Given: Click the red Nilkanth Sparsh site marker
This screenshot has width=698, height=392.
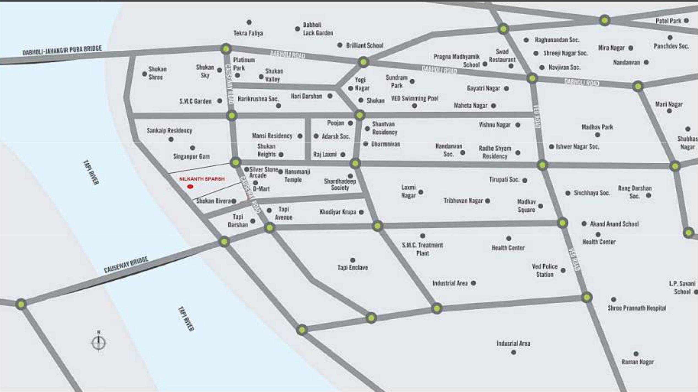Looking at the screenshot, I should tap(190, 187).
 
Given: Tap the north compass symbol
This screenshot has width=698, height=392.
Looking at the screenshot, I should tap(99, 342).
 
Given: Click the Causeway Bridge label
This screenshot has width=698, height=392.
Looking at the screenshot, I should tap(126, 265).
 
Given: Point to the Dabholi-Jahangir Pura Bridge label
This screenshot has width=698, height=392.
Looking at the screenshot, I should tap(62, 50).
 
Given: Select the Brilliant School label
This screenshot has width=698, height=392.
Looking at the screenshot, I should tap(364, 45).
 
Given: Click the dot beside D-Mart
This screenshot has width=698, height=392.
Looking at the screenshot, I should tap(255, 183).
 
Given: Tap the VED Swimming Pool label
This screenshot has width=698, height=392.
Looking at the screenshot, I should tap(415, 99).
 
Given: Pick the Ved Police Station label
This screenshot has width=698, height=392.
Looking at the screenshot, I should tap(545, 270).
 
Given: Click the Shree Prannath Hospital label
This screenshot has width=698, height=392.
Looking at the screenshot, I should tap(637, 308).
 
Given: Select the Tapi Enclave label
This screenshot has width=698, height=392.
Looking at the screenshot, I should tap(353, 268).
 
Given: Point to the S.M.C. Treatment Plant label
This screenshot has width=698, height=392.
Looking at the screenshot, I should tap(422, 249).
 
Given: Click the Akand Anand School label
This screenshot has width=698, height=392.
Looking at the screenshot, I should tap(614, 224).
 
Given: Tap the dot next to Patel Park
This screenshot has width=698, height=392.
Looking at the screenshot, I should tap(686, 21).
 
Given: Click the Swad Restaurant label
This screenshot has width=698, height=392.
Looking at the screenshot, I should tap(502, 56).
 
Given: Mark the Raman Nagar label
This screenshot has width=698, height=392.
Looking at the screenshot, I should tap(637, 362).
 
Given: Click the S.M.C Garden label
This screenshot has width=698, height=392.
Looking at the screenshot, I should tap(195, 101).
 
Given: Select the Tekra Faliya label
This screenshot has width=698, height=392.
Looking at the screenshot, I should tap(248, 33).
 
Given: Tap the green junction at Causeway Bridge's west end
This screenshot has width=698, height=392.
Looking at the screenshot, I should tap(21, 304).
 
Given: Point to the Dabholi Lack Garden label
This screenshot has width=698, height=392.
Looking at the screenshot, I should tap(318, 29).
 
